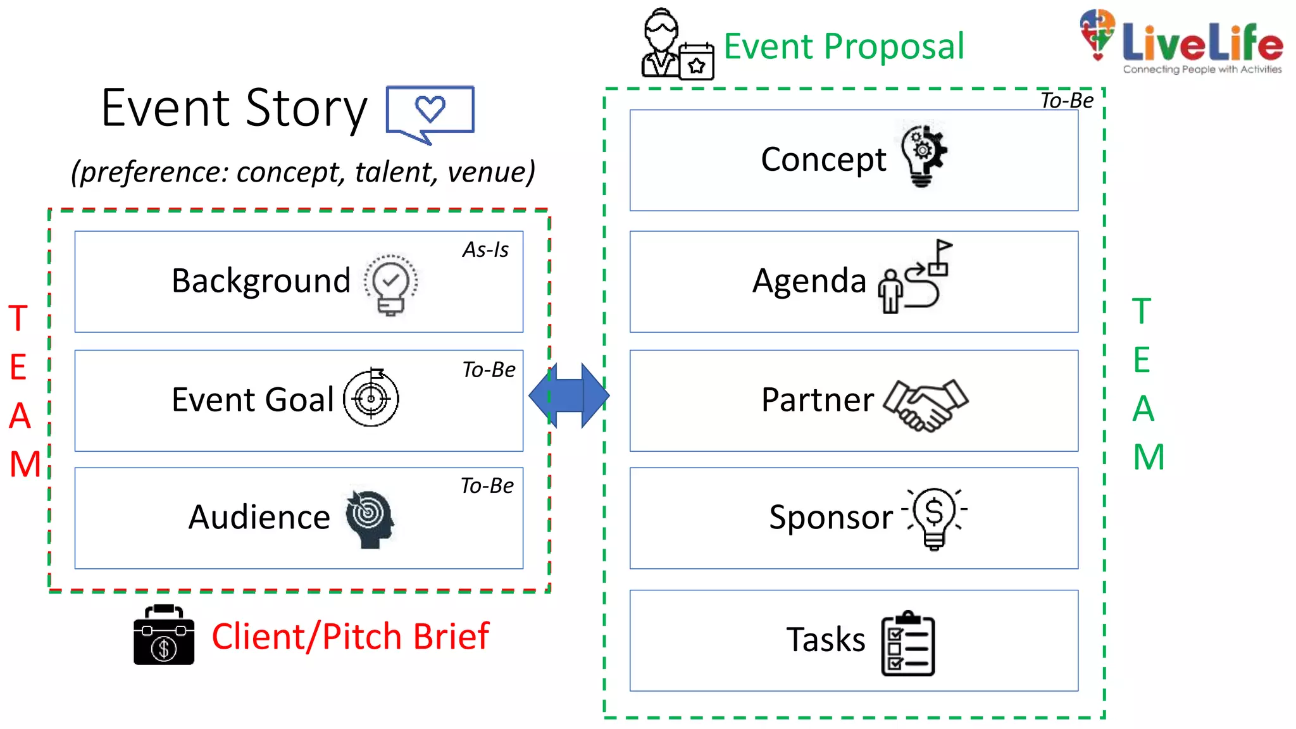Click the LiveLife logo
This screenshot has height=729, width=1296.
point(1181,42)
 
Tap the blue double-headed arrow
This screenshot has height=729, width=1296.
point(569,396)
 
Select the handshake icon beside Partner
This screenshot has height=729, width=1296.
point(925,405)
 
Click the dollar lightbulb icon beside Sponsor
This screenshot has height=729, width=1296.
point(935,518)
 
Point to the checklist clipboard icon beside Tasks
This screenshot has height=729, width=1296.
point(907,644)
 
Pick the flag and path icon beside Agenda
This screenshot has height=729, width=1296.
point(916,277)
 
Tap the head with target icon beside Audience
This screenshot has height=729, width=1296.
point(370,519)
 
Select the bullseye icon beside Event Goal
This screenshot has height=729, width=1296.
point(371,397)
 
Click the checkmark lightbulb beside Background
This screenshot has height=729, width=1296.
point(390,284)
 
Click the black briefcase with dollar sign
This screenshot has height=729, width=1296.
point(164,636)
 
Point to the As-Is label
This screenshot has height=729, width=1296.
point(485,250)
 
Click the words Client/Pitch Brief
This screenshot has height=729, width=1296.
point(350,637)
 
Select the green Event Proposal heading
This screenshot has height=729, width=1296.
point(844,47)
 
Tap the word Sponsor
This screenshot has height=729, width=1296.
point(830,518)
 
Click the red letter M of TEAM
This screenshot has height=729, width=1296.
point(25,464)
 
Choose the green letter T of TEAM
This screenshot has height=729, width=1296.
point(1141,311)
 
